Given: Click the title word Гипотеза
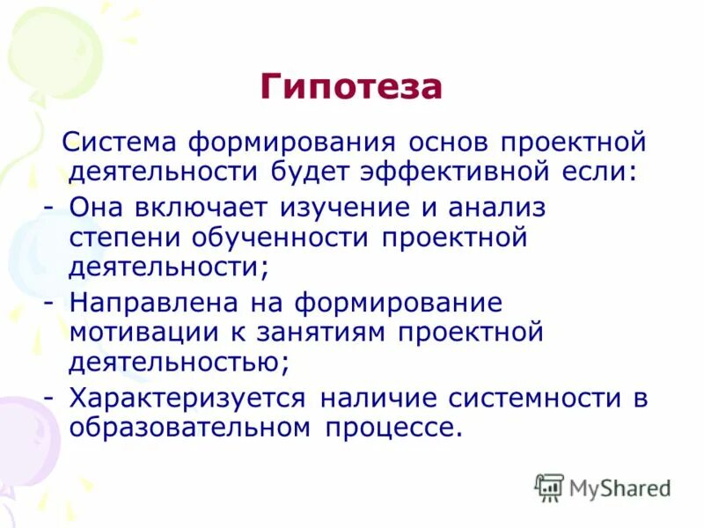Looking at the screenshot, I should coord(351,87).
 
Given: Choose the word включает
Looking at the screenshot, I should coord(203,208).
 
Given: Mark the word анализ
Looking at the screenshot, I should coord(497,208).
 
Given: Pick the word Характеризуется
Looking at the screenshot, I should coord(188,399).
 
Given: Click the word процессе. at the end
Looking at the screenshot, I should coord(393,428).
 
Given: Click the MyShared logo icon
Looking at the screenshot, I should coord(549,487).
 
